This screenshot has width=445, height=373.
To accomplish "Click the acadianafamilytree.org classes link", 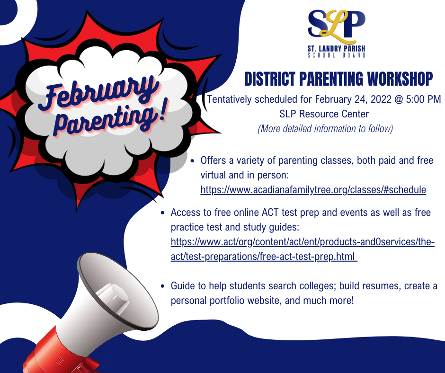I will coord(313,190).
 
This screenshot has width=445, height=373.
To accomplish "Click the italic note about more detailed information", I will coord(325,128).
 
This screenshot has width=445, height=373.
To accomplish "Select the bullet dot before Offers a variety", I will coord(193,161).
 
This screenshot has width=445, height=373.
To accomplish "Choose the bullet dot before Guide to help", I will coord(163,286).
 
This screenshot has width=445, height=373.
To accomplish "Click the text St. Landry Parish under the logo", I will coord(336,49).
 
